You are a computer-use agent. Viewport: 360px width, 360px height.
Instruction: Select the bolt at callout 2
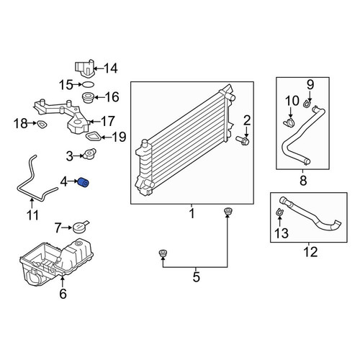(x=243, y=140)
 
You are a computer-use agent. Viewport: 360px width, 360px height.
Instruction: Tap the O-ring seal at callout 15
(x=88, y=84)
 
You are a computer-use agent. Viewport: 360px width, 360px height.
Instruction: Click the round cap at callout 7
(x=80, y=227)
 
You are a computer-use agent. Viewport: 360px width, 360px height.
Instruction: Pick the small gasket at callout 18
(x=42, y=124)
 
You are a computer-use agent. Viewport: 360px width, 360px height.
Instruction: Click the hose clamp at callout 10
(x=289, y=122)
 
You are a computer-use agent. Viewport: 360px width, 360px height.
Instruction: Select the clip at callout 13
(x=279, y=212)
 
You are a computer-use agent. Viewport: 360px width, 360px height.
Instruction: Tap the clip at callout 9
(x=307, y=104)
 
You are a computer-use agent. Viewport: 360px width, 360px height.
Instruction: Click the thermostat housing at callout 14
(x=84, y=68)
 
